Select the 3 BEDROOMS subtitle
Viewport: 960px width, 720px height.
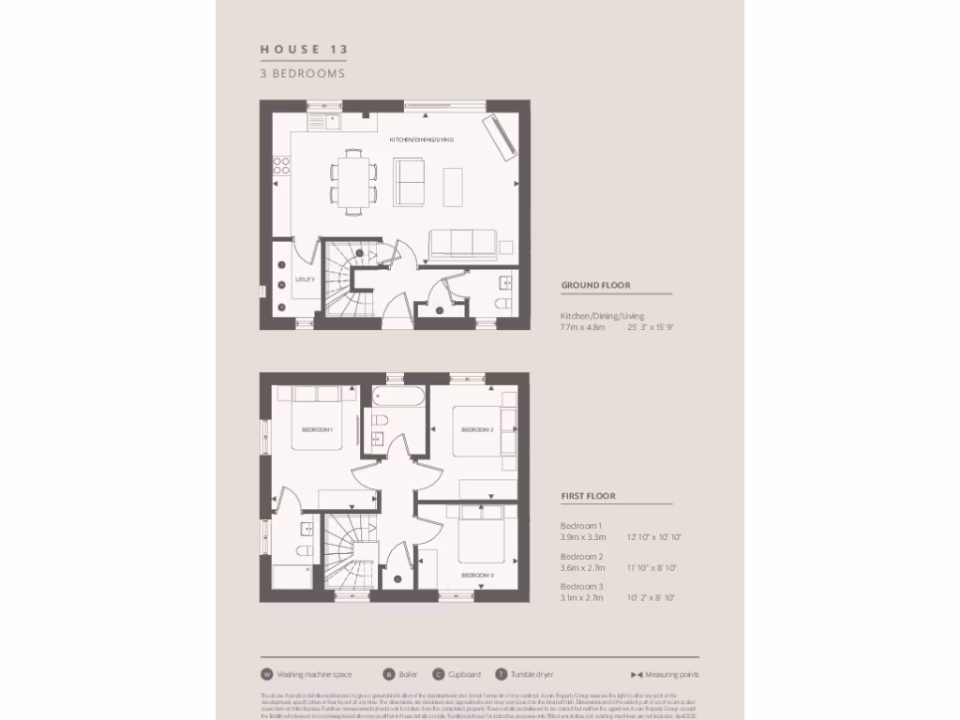click(x=303, y=73)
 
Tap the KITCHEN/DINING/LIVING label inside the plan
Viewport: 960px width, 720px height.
click(x=422, y=140)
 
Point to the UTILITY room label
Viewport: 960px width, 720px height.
click(x=305, y=279)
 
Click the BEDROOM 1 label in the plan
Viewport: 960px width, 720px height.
click(x=317, y=430)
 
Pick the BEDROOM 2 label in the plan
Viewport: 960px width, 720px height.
click(x=477, y=430)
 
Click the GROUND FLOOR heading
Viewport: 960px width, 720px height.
click(x=595, y=285)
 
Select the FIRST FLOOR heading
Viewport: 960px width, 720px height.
click(x=588, y=496)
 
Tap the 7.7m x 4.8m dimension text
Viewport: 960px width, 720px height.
click(x=583, y=327)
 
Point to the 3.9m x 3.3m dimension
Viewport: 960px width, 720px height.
click(x=583, y=537)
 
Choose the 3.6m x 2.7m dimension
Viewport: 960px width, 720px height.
click(x=583, y=567)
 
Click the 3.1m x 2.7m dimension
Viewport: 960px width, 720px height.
click(x=583, y=597)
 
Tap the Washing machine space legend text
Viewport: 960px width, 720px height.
click(x=314, y=674)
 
